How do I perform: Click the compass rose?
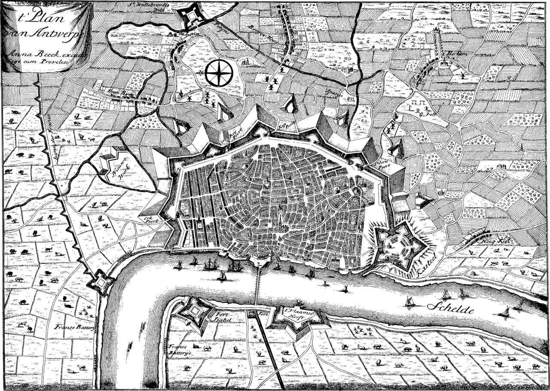tap(218, 73)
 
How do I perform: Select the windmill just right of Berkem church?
tap(462, 74)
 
